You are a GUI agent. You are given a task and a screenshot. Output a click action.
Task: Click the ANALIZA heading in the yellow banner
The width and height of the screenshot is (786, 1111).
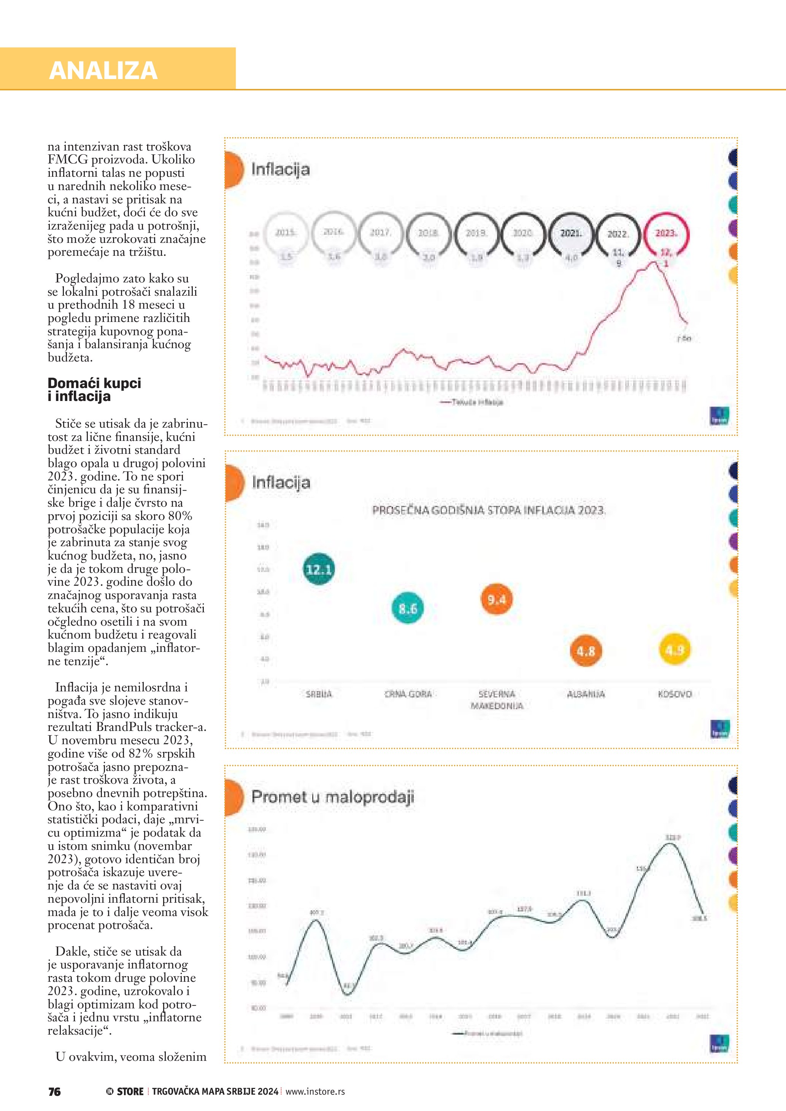103,71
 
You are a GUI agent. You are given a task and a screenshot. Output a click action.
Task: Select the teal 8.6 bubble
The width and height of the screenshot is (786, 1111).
408,608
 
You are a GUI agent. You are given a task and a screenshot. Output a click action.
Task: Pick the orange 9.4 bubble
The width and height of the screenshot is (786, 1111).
497,599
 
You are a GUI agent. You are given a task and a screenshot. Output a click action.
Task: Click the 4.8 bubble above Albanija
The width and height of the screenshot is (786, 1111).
585,651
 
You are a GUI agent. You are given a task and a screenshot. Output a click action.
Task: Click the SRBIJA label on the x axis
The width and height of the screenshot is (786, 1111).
319,694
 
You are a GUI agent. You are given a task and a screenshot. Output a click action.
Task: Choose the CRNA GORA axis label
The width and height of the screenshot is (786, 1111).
408,694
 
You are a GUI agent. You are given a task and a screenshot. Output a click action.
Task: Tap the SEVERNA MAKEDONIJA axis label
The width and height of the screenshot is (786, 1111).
497,700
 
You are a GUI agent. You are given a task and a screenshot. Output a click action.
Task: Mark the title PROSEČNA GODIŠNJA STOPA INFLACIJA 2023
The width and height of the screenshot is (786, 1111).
488,510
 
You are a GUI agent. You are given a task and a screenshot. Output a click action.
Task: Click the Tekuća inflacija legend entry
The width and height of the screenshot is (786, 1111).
472,402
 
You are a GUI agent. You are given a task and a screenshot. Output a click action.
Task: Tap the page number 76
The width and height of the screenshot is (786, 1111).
55,1092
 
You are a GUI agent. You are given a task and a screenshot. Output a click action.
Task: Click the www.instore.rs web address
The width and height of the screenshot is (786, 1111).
315,1092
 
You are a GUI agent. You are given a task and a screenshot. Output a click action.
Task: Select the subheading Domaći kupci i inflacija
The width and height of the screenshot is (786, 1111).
94,390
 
